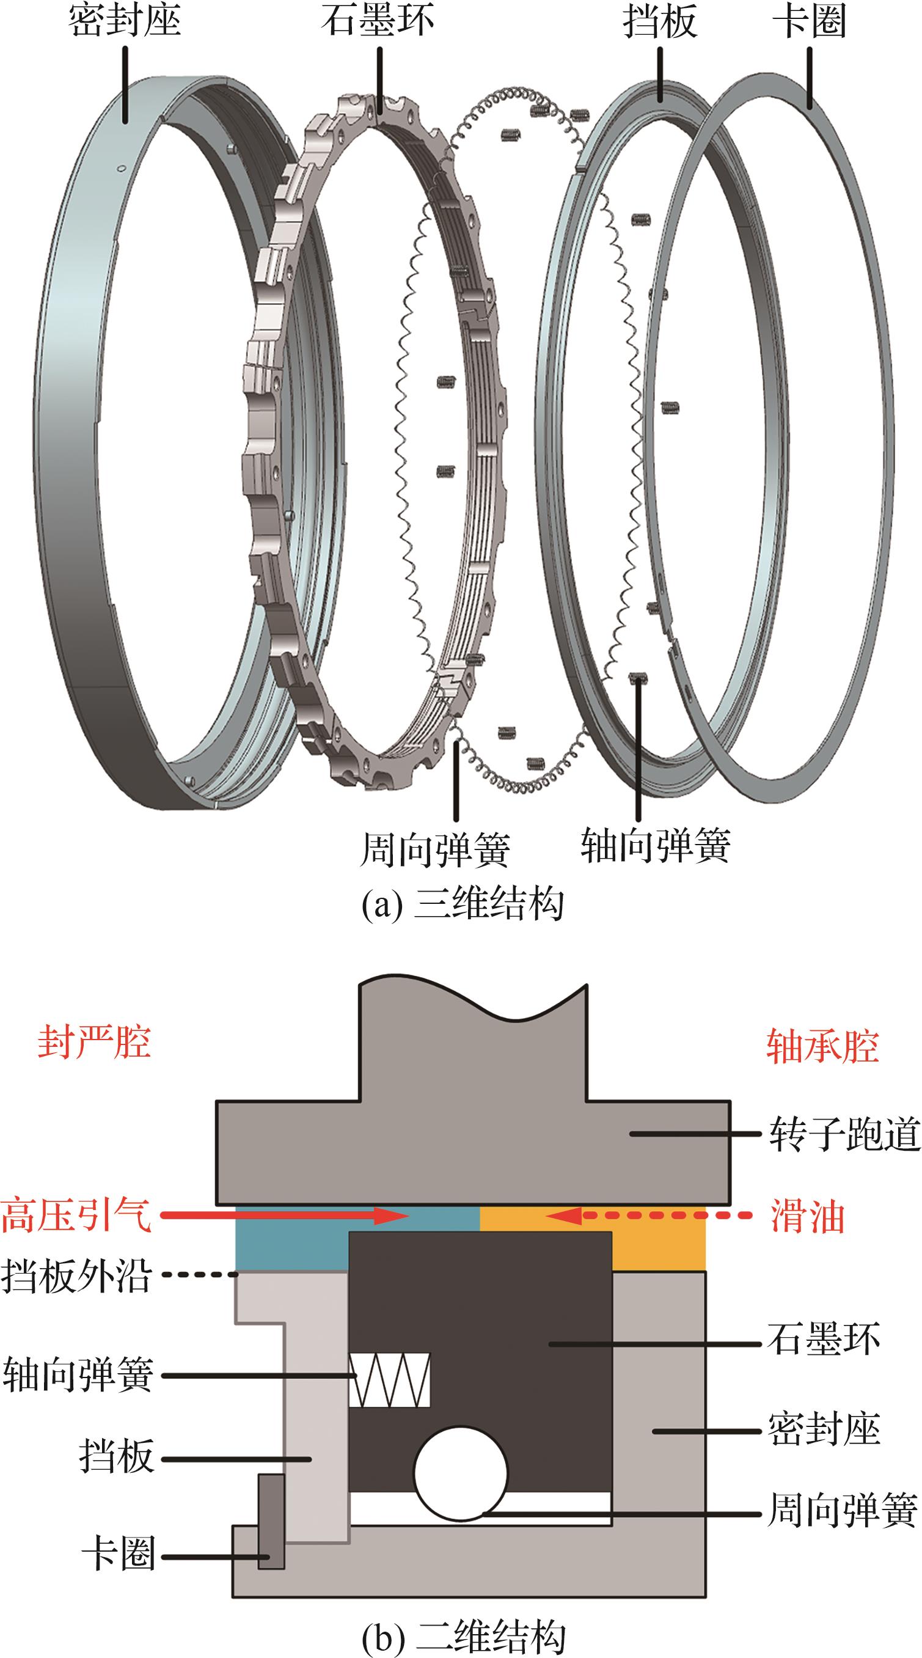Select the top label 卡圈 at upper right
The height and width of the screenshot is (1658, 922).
tap(808, 21)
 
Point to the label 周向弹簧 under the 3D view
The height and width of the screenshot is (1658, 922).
tap(435, 849)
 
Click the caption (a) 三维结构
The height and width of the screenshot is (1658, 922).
tap(462, 904)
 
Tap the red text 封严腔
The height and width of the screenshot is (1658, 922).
tap(94, 1042)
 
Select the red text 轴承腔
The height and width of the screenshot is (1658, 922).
tap(822, 1045)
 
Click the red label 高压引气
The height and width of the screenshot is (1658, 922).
tap(76, 1215)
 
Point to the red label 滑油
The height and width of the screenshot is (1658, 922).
tap(808, 1217)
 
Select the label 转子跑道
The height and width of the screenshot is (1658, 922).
tap(845, 1134)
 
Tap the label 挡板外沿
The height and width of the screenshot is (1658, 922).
tap(76, 1276)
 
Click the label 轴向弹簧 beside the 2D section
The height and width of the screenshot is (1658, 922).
tap(78, 1375)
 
